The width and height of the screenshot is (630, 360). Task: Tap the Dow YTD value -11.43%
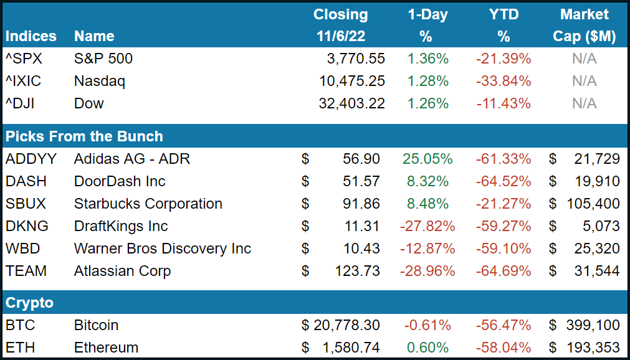(504, 103)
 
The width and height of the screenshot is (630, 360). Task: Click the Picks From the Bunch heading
(84, 136)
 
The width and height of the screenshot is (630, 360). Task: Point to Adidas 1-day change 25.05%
(427, 159)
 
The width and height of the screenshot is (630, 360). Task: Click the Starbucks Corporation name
(148, 204)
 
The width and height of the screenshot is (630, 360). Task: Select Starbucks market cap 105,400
(592, 204)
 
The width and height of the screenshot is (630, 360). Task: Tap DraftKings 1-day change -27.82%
(427, 226)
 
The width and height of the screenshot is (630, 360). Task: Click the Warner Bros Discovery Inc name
(162, 249)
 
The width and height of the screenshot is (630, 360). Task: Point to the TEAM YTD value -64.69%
(504, 271)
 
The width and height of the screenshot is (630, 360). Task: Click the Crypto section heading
(29, 303)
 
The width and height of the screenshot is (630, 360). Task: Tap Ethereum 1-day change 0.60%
(427, 348)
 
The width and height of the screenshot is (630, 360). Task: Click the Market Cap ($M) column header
(584, 26)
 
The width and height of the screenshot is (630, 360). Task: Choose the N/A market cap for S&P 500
(584, 59)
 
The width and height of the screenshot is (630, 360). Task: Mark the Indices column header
(31, 37)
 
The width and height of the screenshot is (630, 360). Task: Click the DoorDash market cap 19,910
(596, 181)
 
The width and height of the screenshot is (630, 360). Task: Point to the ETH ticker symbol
(19, 348)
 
